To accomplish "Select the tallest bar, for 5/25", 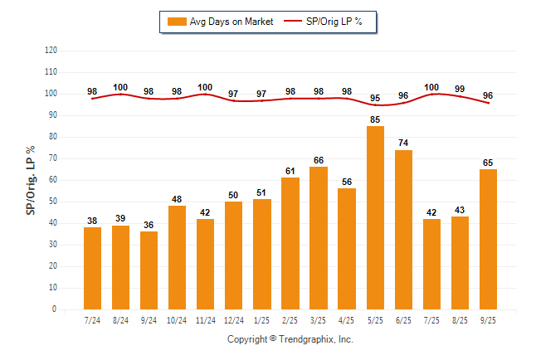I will tap(375, 217).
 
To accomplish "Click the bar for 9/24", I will tap(149, 270).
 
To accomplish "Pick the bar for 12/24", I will tap(233, 255).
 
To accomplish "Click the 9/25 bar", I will tap(489, 239).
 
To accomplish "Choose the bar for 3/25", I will tap(319, 237).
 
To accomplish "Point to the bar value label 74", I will tap(403, 144).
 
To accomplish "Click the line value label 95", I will tap(375, 97).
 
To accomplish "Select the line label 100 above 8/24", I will tap(120, 86).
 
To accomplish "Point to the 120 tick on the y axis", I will tap(51, 50).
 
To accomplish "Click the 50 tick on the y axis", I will tap(53, 202).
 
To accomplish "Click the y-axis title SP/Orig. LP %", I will tap(31, 180).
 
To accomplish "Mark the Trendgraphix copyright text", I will tap(290, 339).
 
